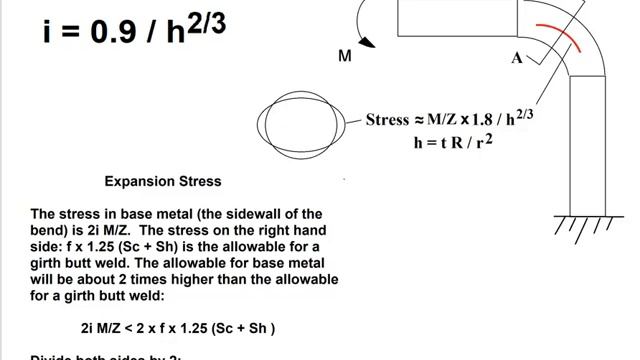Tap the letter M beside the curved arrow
click(x=345, y=57)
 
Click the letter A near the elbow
click(x=517, y=58)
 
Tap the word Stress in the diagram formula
click(x=388, y=120)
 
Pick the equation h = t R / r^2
click(x=458, y=142)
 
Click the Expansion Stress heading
click(x=163, y=182)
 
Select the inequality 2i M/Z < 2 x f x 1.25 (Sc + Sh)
click(x=177, y=327)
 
